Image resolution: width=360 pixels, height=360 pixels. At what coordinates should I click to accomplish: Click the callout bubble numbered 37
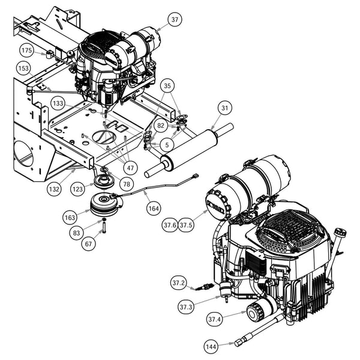click(x=175, y=20)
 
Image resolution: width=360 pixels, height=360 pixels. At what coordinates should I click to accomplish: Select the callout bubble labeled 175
click(x=26, y=50)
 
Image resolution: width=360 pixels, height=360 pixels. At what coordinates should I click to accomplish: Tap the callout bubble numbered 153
click(x=23, y=68)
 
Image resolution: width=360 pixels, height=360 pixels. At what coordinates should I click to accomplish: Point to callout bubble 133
click(x=58, y=103)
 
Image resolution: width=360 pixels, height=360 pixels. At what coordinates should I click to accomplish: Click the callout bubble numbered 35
click(x=167, y=85)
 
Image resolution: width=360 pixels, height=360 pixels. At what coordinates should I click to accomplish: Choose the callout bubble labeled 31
click(x=224, y=108)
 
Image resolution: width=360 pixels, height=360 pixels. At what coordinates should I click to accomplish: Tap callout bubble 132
click(x=54, y=188)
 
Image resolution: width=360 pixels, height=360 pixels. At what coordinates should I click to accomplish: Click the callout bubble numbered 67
click(x=89, y=243)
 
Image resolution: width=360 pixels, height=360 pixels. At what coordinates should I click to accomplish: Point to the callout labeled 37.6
click(x=170, y=225)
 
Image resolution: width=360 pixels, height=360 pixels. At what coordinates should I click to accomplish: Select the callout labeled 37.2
click(x=178, y=281)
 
